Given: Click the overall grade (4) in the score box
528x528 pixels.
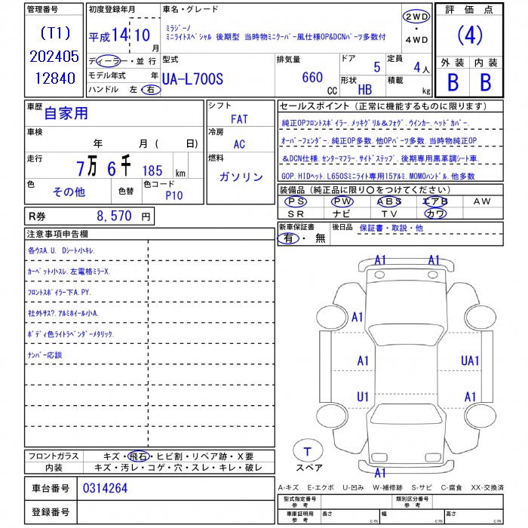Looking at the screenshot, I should [x=470, y=35].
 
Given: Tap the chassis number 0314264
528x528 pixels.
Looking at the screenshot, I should [x=105, y=488].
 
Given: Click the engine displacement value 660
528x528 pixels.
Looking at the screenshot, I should [x=312, y=77].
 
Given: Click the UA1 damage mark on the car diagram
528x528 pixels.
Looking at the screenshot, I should [x=470, y=361].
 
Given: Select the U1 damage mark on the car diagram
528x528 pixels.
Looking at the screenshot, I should [x=363, y=397].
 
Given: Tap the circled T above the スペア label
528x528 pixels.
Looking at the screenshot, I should [x=307, y=452].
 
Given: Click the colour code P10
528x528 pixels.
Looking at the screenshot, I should [x=174, y=195].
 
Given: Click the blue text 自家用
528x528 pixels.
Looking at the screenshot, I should [x=66, y=114].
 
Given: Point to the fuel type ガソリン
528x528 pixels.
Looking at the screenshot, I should [x=241, y=177].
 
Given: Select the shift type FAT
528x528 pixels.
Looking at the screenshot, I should [x=239, y=119].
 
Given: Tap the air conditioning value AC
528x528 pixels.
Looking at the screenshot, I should [x=239, y=144].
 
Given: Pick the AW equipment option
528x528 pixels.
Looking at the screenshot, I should [x=481, y=201].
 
